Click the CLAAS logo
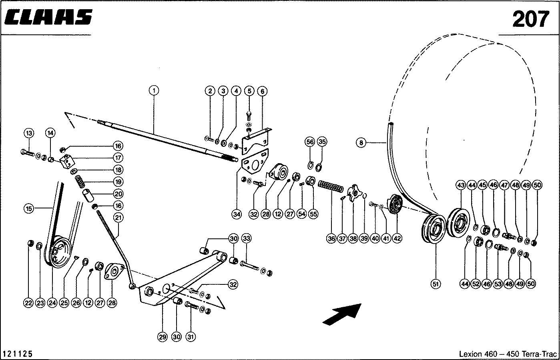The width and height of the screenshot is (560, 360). pos(49,18)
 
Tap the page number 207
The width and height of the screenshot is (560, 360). pos(530,18)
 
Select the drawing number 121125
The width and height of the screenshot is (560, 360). pos(18,354)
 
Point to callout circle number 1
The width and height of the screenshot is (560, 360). pos(154,91)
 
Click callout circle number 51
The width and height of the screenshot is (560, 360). pos(436,284)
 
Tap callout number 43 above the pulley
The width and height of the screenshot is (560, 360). pos(461,185)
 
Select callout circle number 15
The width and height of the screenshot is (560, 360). pos(28,208)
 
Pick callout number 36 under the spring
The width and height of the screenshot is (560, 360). pos(331,238)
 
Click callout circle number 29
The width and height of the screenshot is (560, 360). pos(162,337)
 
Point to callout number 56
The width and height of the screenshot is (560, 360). pos(310,142)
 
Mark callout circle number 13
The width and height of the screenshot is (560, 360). pos(29,133)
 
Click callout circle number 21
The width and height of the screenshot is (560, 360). pos(118,217)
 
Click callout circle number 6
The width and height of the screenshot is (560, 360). pos(262,91)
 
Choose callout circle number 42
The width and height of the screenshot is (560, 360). pos(397,238)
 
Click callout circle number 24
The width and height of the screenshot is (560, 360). pos(52,303)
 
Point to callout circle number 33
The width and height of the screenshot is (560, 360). pos(247,238)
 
